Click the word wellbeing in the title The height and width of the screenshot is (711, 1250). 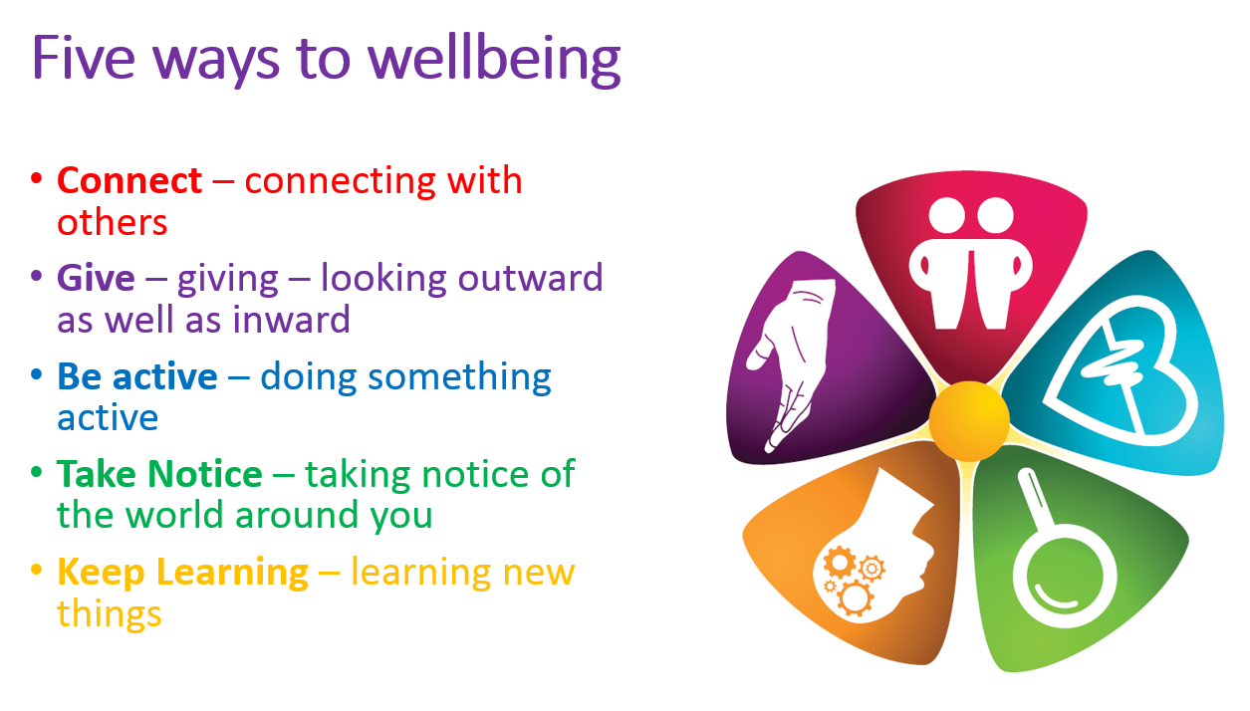point(494,59)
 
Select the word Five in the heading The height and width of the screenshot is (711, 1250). point(84,58)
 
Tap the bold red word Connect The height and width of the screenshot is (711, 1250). point(129,181)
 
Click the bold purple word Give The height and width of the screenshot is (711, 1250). point(96,278)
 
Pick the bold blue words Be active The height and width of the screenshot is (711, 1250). point(137,375)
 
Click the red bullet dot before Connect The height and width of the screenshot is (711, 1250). point(37,178)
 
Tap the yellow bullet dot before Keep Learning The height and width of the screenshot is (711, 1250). point(37,570)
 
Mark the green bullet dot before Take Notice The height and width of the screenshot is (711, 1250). point(37,472)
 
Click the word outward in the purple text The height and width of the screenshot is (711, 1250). point(531,278)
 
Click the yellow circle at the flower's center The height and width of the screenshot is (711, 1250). point(969,421)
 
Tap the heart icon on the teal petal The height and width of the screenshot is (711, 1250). point(1122,372)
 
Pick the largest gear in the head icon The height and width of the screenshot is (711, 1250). point(855,597)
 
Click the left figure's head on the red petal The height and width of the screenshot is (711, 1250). point(947,215)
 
